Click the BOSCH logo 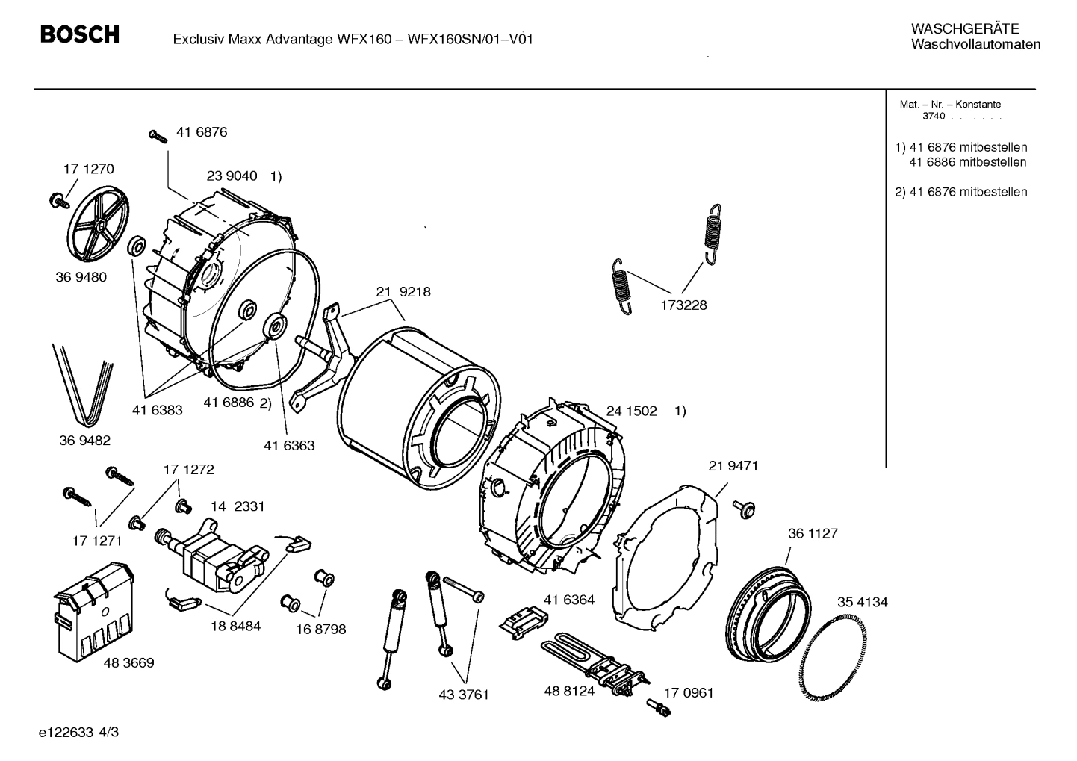pyautogui.click(x=79, y=35)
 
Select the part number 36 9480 pyautogui.click(x=81, y=277)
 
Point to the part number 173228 pyautogui.click(x=683, y=305)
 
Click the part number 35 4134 pyautogui.click(x=862, y=602)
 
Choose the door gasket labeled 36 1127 pyautogui.click(x=768, y=606)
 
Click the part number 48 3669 pyautogui.click(x=128, y=662)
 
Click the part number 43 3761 pyautogui.click(x=463, y=695)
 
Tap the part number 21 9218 pyautogui.click(x=403, y=292)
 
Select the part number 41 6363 pyautogui.click(x=289, y=446)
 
